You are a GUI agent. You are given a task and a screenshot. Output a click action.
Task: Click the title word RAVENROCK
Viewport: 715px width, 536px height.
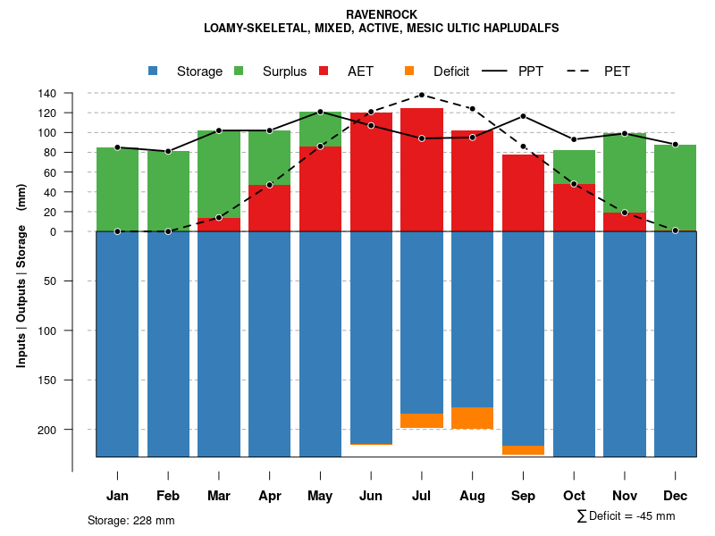coord(381,14)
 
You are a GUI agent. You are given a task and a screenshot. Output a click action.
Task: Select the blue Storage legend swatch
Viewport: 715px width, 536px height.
coord(154,71)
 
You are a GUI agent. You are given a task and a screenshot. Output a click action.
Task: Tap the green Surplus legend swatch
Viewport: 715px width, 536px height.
coord(239,71)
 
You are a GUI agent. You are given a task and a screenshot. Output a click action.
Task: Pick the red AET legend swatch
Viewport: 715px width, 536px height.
coord(324,71)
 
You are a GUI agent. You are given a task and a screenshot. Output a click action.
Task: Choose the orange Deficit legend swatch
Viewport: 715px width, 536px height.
coord(409,71)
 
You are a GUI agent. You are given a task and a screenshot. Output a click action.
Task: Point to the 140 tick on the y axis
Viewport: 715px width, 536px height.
coord(46,93)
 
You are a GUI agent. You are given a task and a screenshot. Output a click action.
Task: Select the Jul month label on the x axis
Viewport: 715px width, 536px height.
coord(422,496)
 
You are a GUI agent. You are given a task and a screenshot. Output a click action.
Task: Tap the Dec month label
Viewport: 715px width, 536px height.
coord(676,496)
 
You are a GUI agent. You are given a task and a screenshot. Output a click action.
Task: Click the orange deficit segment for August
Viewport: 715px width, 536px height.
coord(472,417)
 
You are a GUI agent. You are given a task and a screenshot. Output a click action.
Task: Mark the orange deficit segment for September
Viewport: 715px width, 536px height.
coord(523,449)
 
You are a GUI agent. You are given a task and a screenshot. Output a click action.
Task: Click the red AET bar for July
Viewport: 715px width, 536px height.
coord(422,170)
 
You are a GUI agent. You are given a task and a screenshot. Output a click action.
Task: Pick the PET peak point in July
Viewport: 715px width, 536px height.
coord(422,94)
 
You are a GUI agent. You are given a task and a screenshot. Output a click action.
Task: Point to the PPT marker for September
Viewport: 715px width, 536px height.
coord(523,116)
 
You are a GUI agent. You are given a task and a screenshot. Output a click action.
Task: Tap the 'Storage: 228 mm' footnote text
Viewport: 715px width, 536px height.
coord(130,520)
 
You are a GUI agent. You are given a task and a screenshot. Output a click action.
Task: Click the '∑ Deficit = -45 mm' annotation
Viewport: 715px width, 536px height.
coord(626,515)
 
